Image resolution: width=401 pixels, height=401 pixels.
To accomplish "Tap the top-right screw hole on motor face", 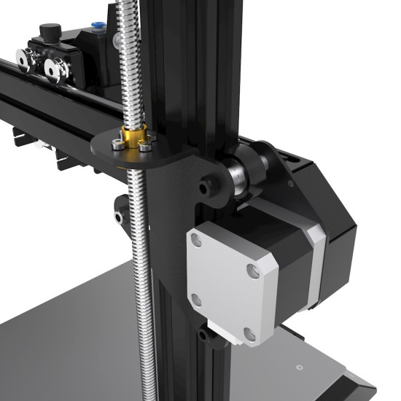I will tap(252, 271).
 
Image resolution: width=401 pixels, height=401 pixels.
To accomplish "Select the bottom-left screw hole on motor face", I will tap(195, 299).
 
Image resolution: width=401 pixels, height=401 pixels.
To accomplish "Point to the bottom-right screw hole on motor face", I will tap(249, 332).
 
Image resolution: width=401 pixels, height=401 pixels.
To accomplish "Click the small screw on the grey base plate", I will tap(298, 366).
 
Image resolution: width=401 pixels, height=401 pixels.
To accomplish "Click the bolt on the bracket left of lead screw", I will tap(119, 217).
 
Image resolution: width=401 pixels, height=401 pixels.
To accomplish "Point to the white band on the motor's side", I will tap(315, 270).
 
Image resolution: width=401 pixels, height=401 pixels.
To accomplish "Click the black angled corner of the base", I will tap(361, 386).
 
